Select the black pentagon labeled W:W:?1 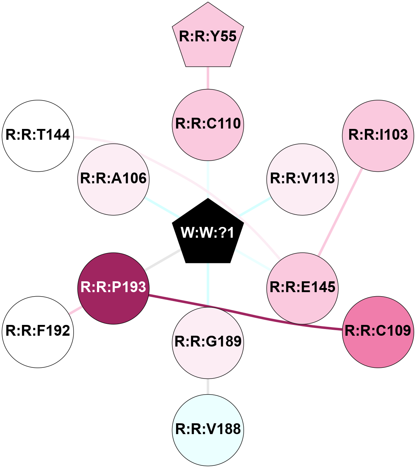click(208, 233)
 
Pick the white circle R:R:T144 click(38, 136)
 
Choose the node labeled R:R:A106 click(113, 179)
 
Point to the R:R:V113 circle click(303, 179)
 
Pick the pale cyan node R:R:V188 click(208, 430)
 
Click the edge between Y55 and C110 click(208, 78)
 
